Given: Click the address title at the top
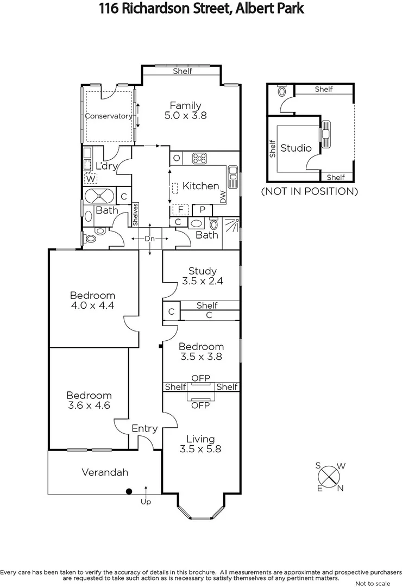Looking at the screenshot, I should (201, 9).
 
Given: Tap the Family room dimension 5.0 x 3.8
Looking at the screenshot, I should (185, 116).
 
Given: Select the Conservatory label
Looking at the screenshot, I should (109, 116).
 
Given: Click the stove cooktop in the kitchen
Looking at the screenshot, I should (199, 159).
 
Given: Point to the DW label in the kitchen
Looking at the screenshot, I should (223, 197).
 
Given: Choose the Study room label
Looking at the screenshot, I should (203, 271).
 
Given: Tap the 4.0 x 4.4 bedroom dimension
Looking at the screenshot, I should (92, 306).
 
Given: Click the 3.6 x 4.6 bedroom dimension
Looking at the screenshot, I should (89, 406).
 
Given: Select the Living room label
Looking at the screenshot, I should (200, 439).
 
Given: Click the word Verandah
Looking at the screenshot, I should (105, 472).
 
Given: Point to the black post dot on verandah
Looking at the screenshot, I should (129, 492).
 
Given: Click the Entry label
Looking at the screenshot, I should (145, 428).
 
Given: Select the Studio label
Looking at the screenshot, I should (296, 148).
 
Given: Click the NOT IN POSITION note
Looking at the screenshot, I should (310, 191).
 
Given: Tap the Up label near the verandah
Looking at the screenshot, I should (146, 502).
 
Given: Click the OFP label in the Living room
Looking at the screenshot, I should (200, 405).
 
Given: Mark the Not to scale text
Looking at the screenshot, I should (374, 583).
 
